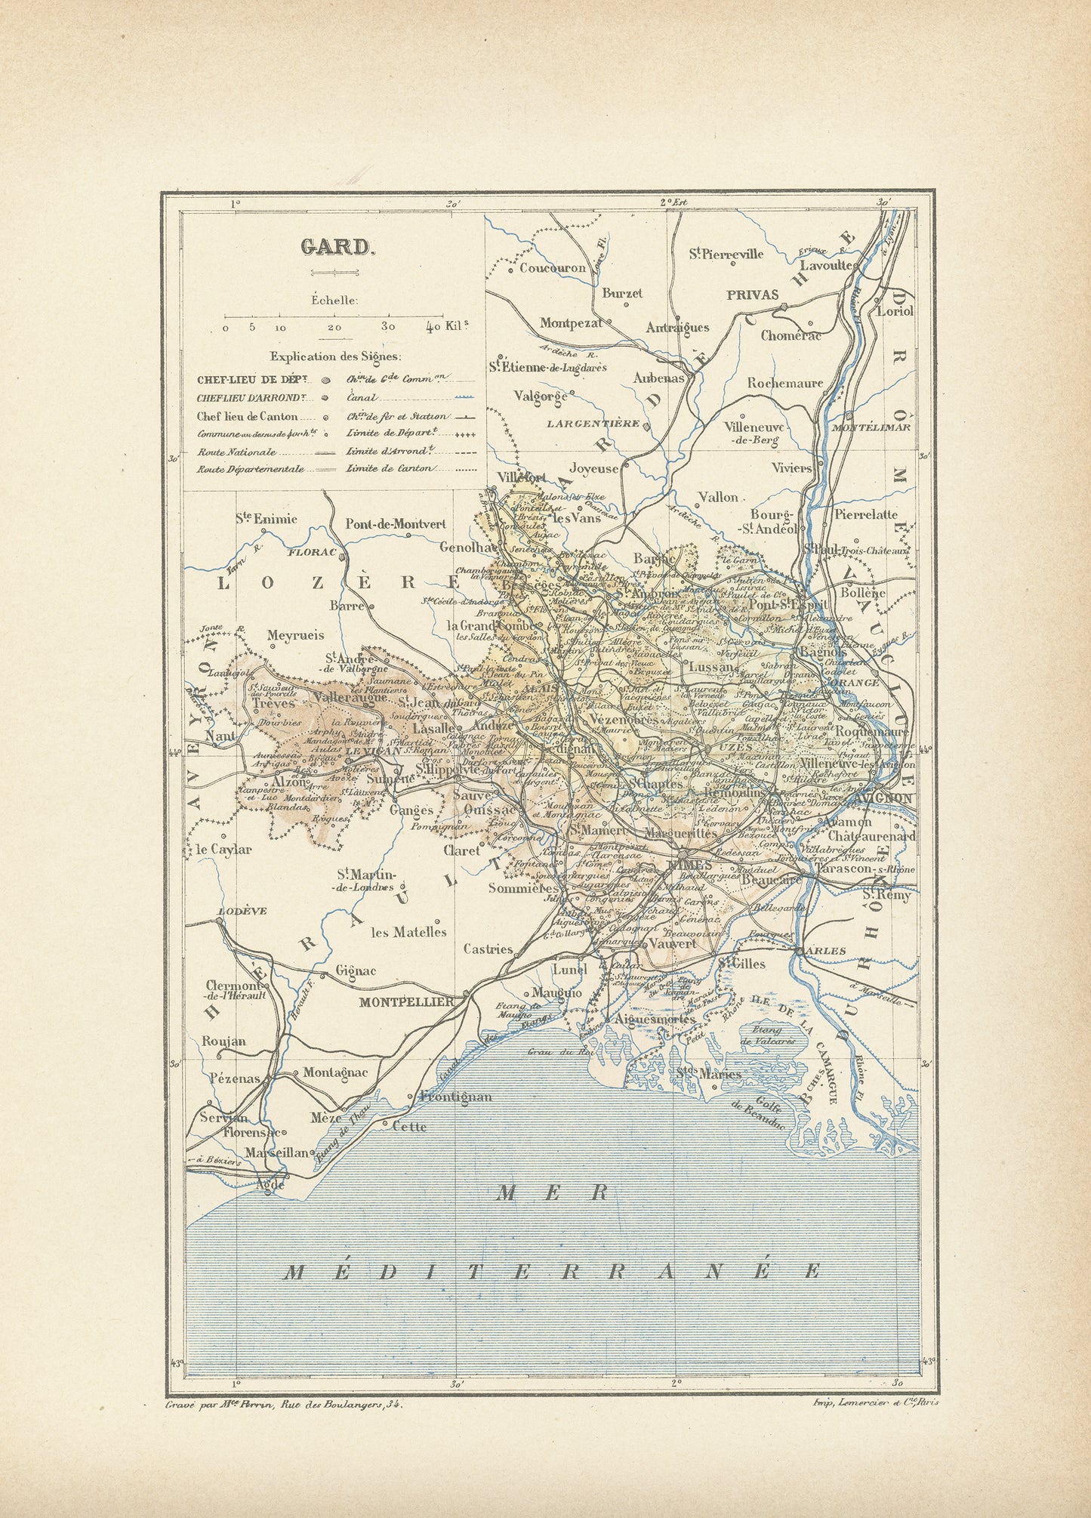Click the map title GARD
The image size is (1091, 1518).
click(x=336, y=247)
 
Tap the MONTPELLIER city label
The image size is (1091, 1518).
click(x=405, y=1001)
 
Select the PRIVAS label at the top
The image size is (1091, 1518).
click(x=752, y=295)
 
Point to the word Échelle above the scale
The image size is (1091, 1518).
click(x=334, y=300)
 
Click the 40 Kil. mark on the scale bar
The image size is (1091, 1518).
click(x=445, y=327)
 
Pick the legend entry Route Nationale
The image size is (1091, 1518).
click(x=236, y=452)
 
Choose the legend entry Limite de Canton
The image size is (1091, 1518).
click(x=390, y=468)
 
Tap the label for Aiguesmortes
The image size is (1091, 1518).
click(x=655, y=1019)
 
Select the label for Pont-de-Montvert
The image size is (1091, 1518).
click(x=395, y=523)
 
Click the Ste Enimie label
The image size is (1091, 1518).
click(x=265, y=519)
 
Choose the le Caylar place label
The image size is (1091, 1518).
click(x=224, y=849)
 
